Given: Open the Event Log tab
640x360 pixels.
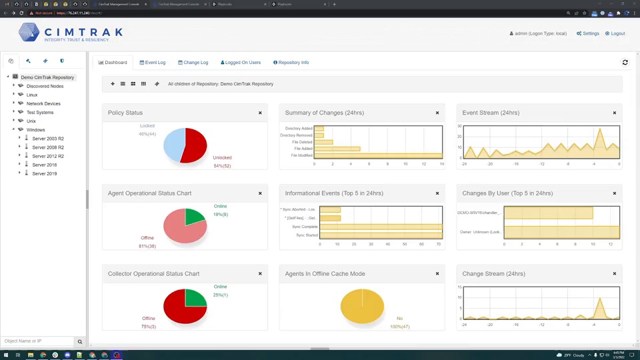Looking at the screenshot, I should coord(153,63).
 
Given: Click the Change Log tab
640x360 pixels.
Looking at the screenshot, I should coord(193,63).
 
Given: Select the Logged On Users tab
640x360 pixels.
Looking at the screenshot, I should coord(241,63).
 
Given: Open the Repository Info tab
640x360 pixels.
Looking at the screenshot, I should coord(291,63).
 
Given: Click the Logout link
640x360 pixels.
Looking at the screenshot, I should coord(615,33).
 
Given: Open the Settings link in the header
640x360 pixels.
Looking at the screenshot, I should coord(588,33).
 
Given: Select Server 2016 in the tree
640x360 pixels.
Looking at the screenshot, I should coord(45,165).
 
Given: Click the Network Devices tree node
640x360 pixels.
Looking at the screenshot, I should coord(43,104).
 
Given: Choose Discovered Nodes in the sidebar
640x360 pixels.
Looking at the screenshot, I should coord(45,86).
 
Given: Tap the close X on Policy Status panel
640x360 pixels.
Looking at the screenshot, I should coord(260,113).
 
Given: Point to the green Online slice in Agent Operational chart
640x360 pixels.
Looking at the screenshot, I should coord(195,216).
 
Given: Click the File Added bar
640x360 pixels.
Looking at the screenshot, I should coord(337,149).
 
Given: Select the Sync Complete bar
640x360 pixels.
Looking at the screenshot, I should coord(380,227).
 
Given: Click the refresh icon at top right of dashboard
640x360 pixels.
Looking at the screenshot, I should coord(625,63).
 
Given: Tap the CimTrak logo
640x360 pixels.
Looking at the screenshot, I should coord(71,33).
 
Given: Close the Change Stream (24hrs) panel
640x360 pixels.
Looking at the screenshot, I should coord(615,273).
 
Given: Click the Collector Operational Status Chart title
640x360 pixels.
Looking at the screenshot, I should coord(153,274).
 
